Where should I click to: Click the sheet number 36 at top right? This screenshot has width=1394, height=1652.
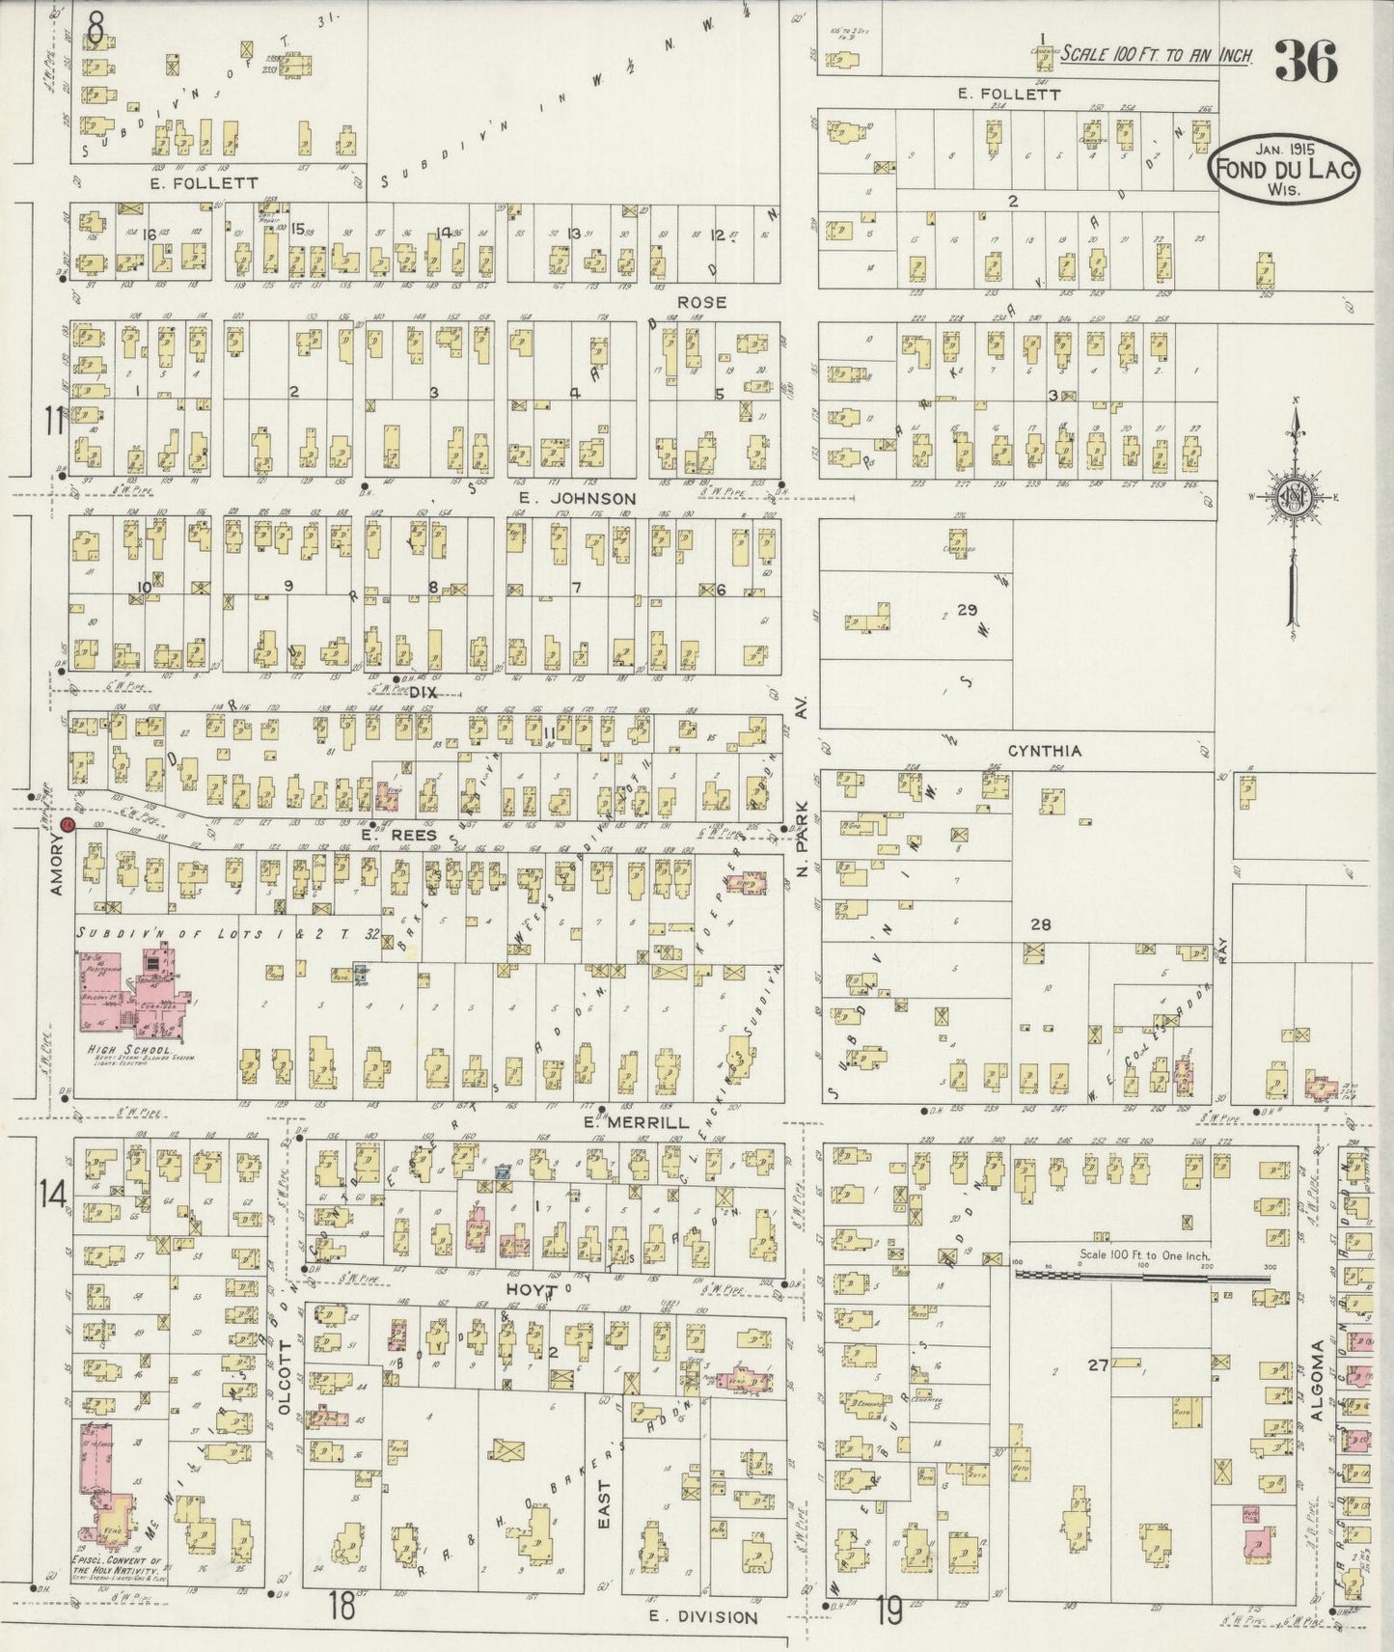coord(1306,63)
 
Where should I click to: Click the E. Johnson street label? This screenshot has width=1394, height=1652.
coord(577,498)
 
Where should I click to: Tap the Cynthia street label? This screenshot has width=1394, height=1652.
coord(1044,751)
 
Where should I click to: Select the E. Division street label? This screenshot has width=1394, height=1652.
coord(702,1616)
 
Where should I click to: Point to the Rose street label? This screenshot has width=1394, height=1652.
coord(701,302)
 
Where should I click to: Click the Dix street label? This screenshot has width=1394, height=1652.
coord(423,692)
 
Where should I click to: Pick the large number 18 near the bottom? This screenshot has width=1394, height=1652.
coord(341,1609)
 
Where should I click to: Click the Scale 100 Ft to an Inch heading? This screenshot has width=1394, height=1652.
coord(1156,55)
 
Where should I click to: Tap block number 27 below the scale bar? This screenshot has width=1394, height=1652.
coord(1098,1364)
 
